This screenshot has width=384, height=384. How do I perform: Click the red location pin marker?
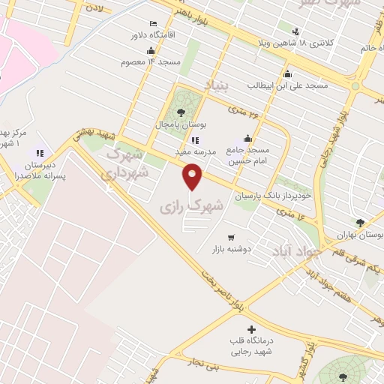[x=193, y=178]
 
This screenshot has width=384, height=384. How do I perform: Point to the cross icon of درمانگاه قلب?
[x=250, y=329]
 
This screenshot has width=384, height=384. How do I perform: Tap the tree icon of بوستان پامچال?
[x=181, y=112]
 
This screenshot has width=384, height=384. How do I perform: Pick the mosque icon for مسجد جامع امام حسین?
[x=247, y=139]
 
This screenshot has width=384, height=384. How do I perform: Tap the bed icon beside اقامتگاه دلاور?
[x=154, y=24]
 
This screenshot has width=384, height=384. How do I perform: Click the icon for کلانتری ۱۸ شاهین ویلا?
[x=295, y=31]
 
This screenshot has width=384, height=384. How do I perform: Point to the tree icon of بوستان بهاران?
[x=361, y=223]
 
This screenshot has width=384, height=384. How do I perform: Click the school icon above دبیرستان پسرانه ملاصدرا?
[x=39, y=153]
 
